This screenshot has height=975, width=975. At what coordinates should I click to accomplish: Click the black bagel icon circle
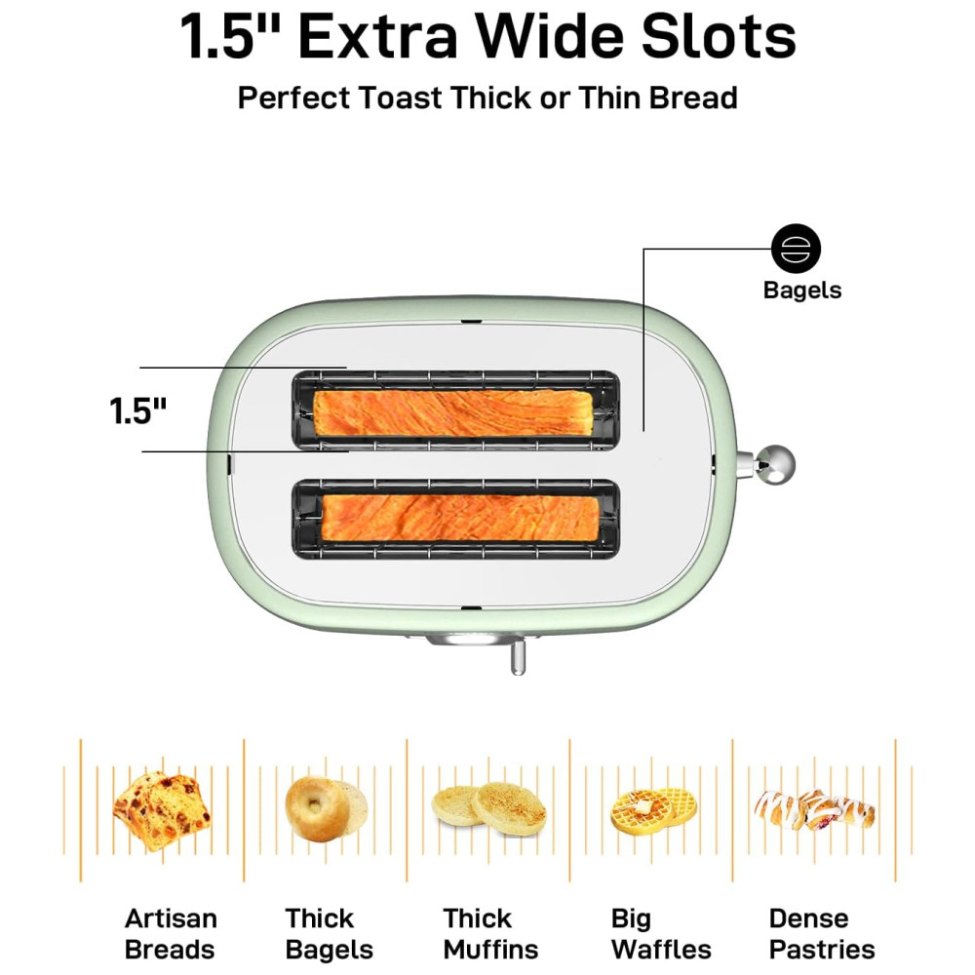[796, 249]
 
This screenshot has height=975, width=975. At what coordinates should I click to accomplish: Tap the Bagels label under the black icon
[802, 291]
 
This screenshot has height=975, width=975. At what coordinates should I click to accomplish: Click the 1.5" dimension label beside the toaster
[138, 410]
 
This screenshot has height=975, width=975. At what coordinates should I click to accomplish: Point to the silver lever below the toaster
[518, 656]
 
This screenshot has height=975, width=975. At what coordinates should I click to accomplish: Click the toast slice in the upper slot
[452, 412]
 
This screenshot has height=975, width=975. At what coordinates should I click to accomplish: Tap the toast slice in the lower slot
[460, 518]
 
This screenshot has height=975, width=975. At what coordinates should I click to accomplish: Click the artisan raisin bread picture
[162, 810]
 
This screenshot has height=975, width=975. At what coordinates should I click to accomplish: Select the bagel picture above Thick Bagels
[327, 808]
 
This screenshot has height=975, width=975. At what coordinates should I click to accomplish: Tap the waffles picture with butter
[653, 811]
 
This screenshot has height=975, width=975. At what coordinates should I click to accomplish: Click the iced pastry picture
[815, 809]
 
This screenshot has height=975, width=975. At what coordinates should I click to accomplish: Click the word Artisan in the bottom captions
[171, 918]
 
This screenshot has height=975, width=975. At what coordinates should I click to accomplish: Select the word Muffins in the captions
[490, 950]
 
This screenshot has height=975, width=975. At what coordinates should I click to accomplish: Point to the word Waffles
[661, 950]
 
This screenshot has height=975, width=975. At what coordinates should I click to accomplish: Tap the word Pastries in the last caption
[822, 950]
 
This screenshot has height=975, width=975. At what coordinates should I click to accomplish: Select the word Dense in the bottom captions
[808, 918]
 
